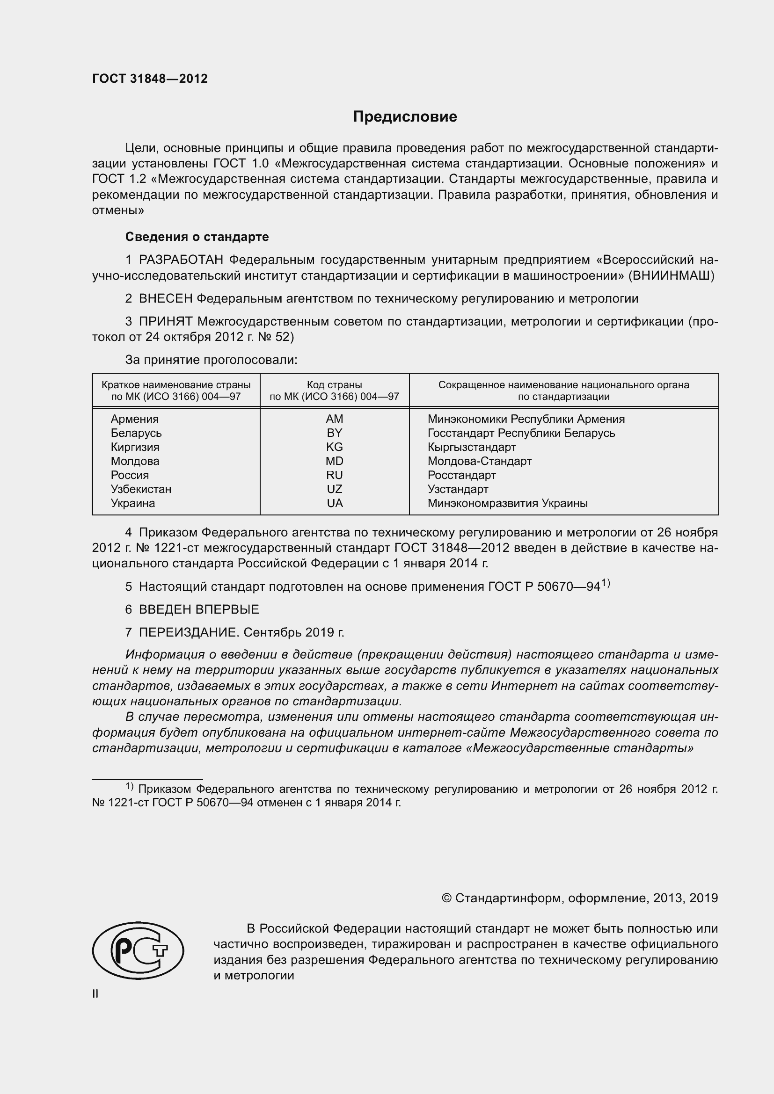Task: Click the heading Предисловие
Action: [x=405, y=117]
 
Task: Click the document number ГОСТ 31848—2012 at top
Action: [x=150, y=79]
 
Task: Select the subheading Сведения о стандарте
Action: [x=197, y=237]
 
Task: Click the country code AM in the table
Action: [x=334, y=419]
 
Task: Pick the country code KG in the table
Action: [x=334, y=447]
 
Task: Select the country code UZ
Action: [x=334, y=489]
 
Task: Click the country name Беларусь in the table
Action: [x=136, y=433]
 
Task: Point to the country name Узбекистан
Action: [x=141, y=489]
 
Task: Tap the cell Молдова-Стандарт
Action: [x=480, y=461]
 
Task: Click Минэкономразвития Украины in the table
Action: [x=507, y=503]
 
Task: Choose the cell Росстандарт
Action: [x=461, y=475]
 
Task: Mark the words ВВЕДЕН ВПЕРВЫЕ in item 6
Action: [x=199, y=609]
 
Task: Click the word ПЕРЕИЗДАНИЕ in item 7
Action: [x=188, y=632]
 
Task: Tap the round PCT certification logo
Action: [x=138, y=950]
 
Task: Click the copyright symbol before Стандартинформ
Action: [x=446, y=898]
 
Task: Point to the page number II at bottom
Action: [x=95, y=993]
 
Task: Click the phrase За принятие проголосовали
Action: [x=211, y=360]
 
